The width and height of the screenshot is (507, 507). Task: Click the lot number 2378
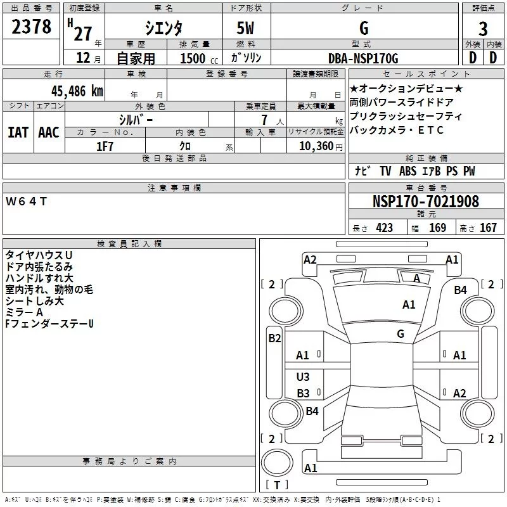[x=31, y=27]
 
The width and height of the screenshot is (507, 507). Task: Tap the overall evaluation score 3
[x=483, y=29]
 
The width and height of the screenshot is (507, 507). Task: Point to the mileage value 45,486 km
[x=75, y=91]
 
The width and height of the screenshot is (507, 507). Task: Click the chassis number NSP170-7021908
[x=426, y=202]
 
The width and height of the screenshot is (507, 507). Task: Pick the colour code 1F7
[x=105, y=145]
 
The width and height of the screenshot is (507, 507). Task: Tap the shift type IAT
[x=18, y=132]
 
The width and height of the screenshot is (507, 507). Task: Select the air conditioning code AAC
[x=49, y=132]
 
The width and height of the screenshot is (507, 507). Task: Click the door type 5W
[x=246, y=29]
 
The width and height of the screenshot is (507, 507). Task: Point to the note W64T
[x=26, y=202]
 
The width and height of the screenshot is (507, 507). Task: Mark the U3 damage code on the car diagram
[x=303, y=377]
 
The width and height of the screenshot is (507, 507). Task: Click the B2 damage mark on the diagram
[x=274, y=338]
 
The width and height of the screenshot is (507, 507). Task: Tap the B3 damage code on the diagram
[x=303, y=393]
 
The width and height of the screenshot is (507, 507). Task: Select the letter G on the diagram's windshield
[x=401, y=333]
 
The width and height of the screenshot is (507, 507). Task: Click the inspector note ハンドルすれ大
[x=39, y=278]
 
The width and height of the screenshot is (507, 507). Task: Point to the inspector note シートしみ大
[x=34, y=301]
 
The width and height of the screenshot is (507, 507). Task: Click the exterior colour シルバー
[x=136, y=119]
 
